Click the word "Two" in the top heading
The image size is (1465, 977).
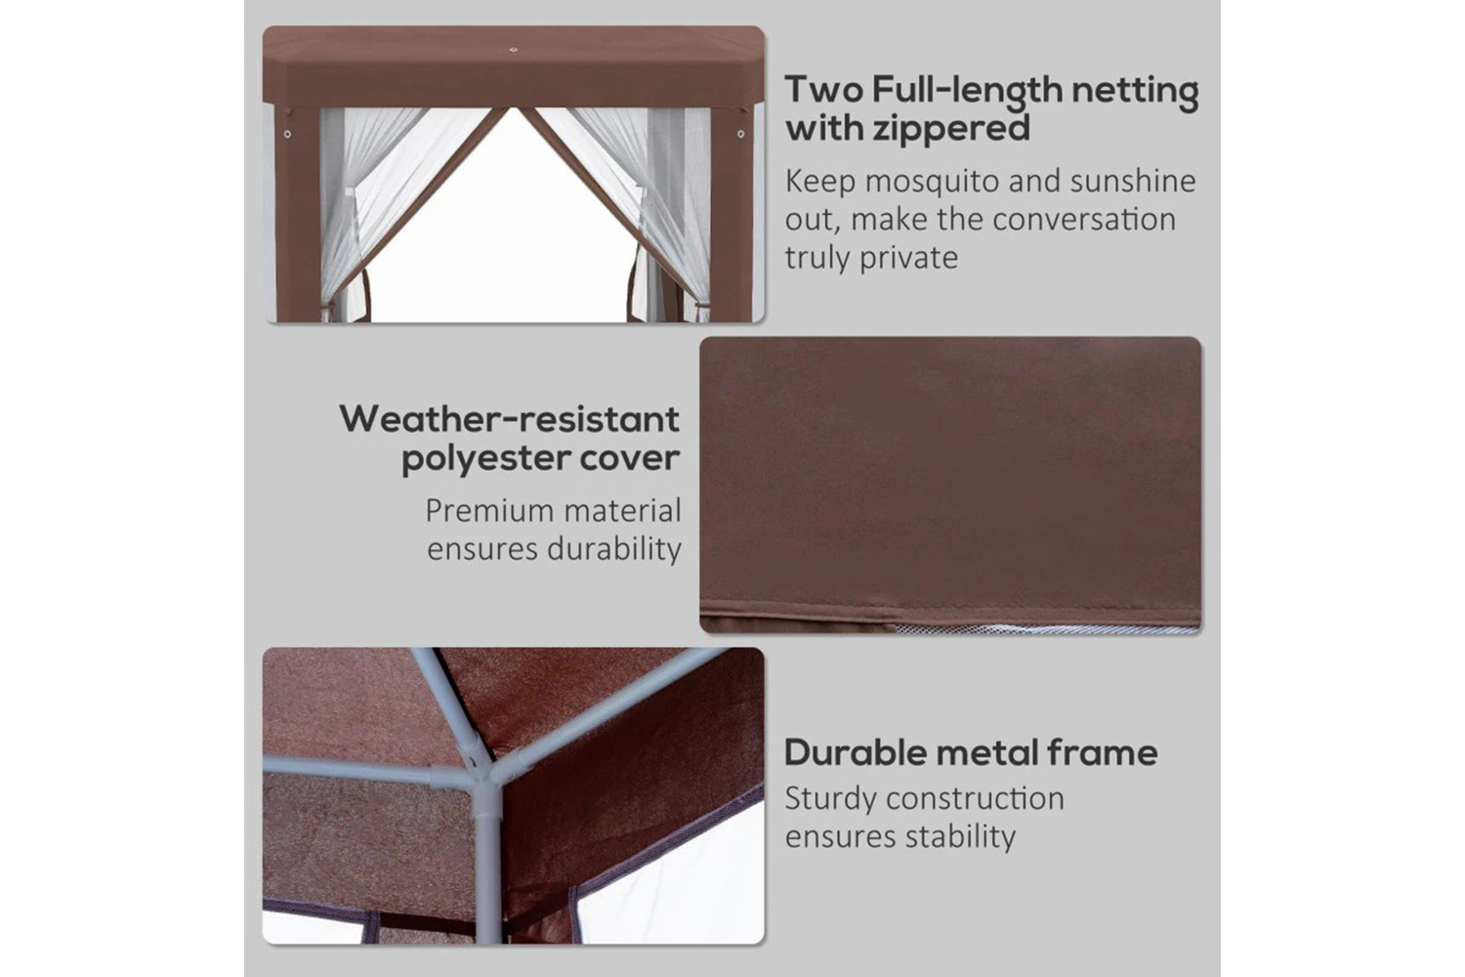point(823,89)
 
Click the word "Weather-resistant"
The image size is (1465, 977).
point(510,419)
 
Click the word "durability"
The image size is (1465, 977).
point(614,548)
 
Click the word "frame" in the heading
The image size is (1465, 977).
point(1102,752)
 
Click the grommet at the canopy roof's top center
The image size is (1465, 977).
point(514,50)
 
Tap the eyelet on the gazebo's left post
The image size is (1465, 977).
point(287,134)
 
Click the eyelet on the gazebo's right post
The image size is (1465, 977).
point(740,134)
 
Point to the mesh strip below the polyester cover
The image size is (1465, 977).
point(1046,629)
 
